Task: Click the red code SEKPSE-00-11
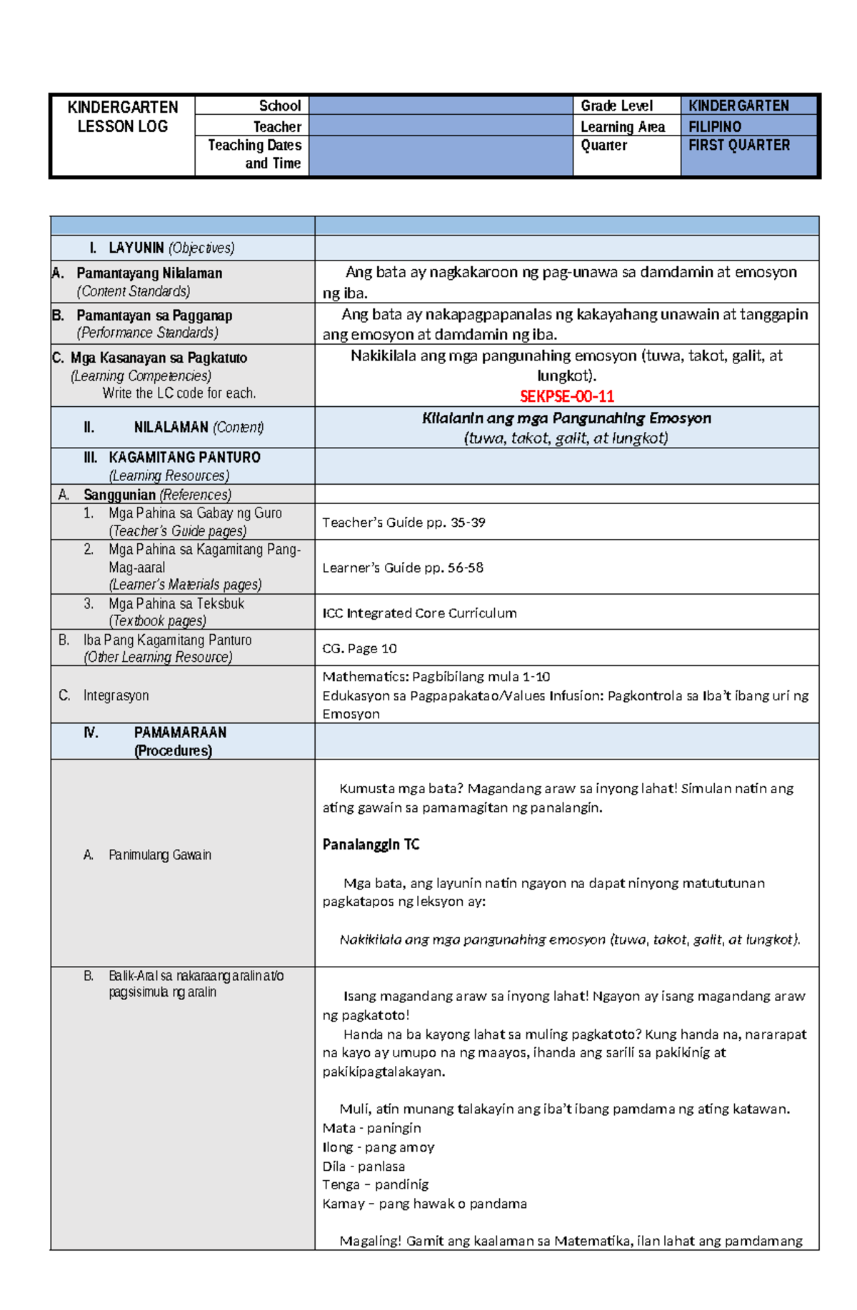point(566,396)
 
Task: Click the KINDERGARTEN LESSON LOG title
point(123,116)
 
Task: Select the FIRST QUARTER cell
point(739,145)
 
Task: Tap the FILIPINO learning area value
point(715,126)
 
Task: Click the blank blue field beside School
point(441,106)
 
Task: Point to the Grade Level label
point(616,106)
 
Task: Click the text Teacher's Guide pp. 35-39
point(404,523)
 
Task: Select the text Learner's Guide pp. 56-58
point(403,568)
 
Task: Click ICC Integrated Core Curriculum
point(419,613)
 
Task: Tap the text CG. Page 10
point(359,648)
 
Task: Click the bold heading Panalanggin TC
point(371,845)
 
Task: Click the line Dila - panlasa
point(364,1166)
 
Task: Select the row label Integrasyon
point(116,695)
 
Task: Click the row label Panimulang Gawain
point(159,855)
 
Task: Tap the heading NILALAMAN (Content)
point(199,427)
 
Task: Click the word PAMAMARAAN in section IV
point(180,732)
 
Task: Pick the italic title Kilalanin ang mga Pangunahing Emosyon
point(566,418)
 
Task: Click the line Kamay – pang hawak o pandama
point(424,1204)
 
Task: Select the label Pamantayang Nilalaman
point(149,273)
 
